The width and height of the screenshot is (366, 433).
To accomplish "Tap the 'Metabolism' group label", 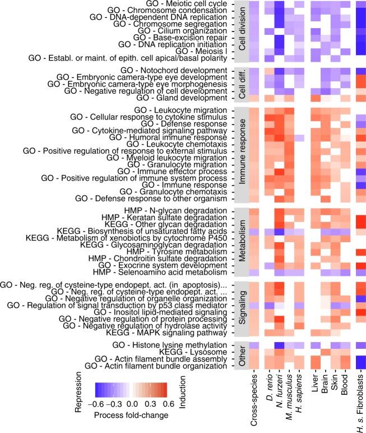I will coord(242,243).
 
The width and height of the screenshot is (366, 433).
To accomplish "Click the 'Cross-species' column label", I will coord(253,396).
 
